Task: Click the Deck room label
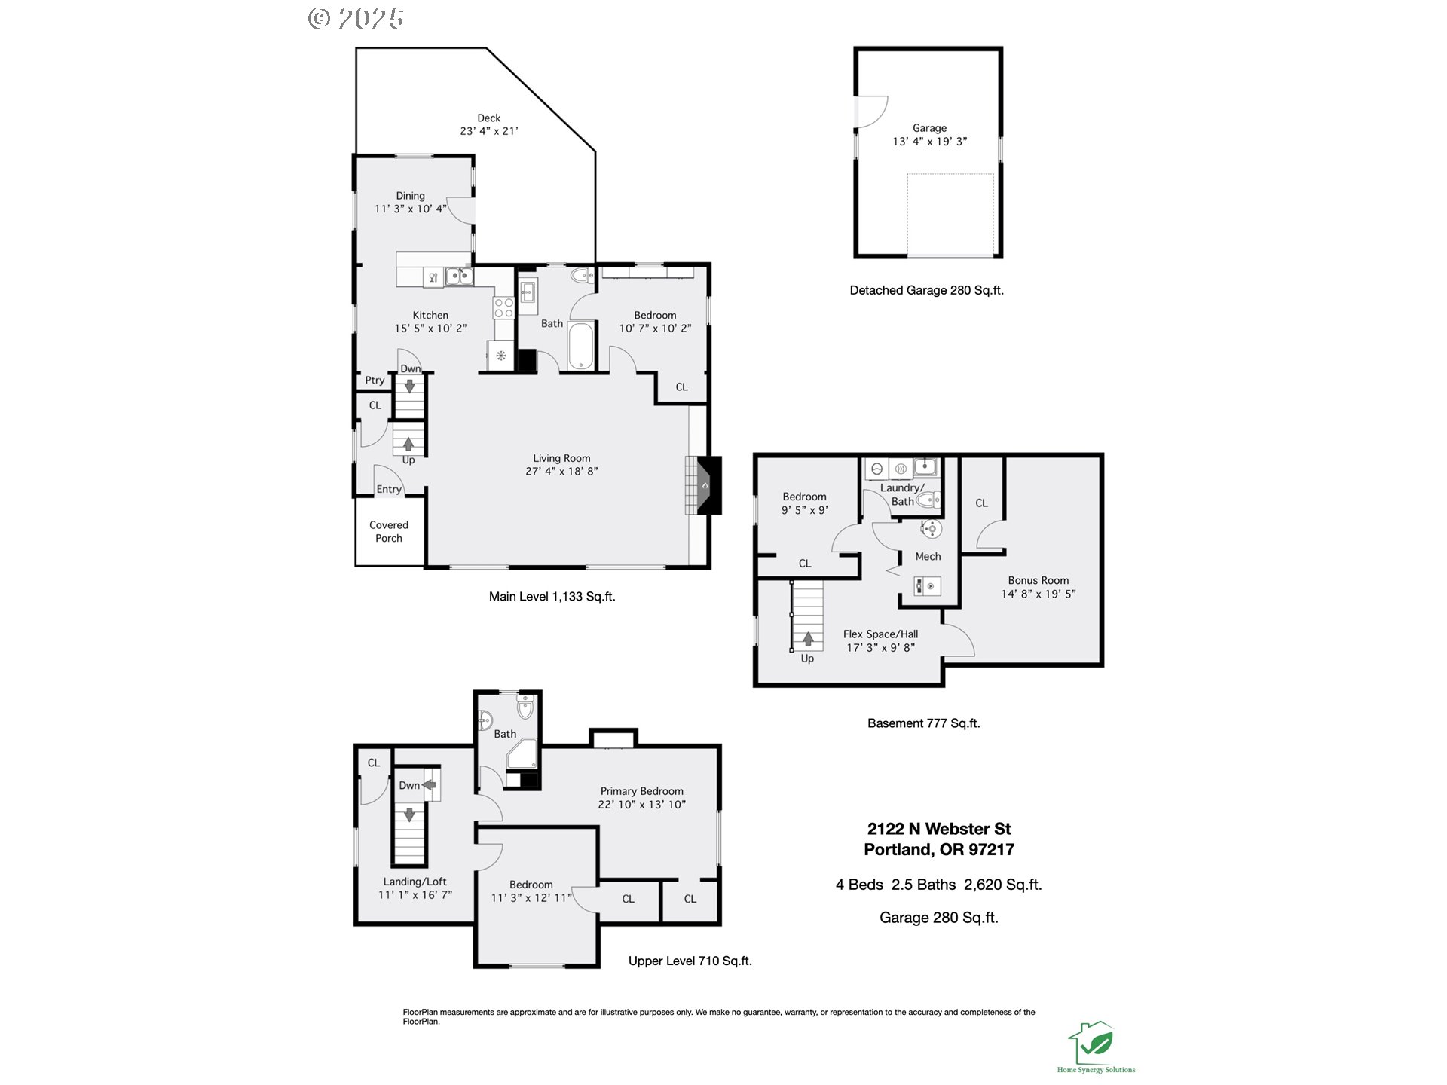pos(488,118)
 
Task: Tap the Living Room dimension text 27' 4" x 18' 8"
pos(561,472)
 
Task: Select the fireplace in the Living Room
pos(703,485)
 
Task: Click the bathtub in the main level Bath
pos(580,346)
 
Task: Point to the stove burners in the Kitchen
pos(503,307)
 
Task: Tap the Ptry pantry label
pos(375,381)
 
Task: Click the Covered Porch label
pos(389,531)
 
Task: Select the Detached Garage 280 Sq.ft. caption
pos(926,290)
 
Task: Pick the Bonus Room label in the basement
pos(1039,580)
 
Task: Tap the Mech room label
pos(928,556)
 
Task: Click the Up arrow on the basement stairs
pos(808,639)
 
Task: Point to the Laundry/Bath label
pos(902,494)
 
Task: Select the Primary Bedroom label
pos(641,791)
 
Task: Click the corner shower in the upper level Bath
pos(522,753)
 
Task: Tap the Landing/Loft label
pos(415,882)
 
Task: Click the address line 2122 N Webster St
pos(939,829)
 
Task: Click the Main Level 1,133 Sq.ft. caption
pos(552,597)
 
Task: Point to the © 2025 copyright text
pos(356,19)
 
